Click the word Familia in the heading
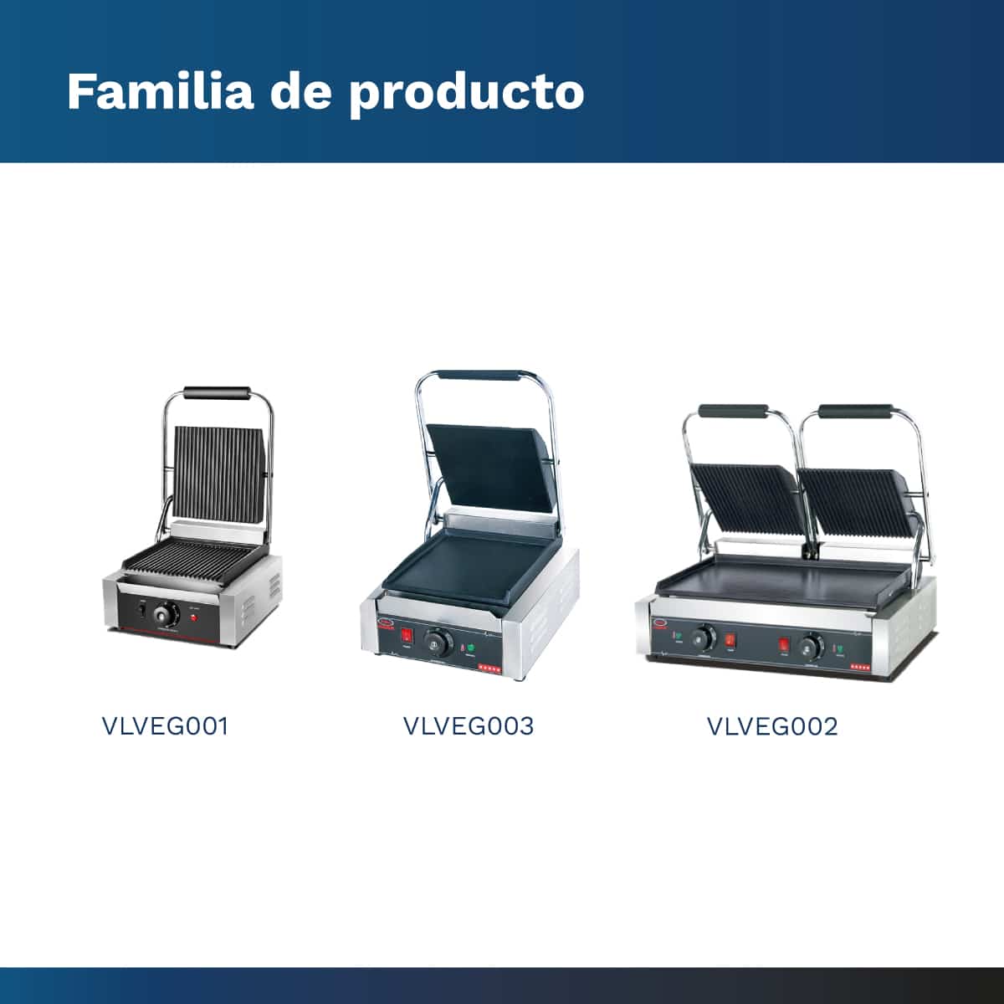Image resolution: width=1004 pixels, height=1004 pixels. [x=161, y=91]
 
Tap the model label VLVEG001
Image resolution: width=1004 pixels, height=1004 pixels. [x=165, y=726]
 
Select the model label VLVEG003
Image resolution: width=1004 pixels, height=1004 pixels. [x=469, y=726]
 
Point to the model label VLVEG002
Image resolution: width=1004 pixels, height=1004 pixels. [x=772, y=726]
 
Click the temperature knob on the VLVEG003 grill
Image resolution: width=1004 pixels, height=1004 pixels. [x=438, y=643]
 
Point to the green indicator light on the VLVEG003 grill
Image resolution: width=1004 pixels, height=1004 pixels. [x=472, y=648]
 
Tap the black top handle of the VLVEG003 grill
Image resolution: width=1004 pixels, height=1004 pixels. [x=479, y=375]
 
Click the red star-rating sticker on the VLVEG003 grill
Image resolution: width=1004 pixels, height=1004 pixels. [x=489, y=668]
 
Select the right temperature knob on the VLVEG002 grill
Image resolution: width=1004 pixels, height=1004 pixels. [x=812, y=646]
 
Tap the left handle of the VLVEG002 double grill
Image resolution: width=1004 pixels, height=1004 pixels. [x=733, y=411]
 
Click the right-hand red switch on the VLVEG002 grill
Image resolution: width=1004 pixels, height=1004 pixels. [x=784, y=646]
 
